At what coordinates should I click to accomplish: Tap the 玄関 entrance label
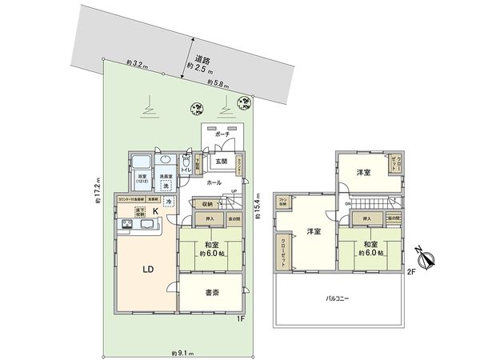219,162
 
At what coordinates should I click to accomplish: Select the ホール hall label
214,182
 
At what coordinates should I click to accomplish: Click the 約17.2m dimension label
97,190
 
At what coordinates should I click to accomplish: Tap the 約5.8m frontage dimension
218,82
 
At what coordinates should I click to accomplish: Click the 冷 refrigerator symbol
168,202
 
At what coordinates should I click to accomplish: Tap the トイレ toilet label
185,170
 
